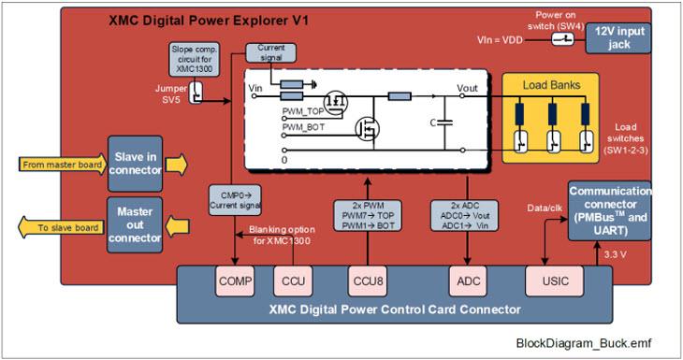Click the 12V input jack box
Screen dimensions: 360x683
click(619, 38)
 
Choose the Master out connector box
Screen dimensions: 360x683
click(135, 225)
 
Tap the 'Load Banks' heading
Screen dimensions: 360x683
click(552, 85)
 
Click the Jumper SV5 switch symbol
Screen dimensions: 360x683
click(196, 93)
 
